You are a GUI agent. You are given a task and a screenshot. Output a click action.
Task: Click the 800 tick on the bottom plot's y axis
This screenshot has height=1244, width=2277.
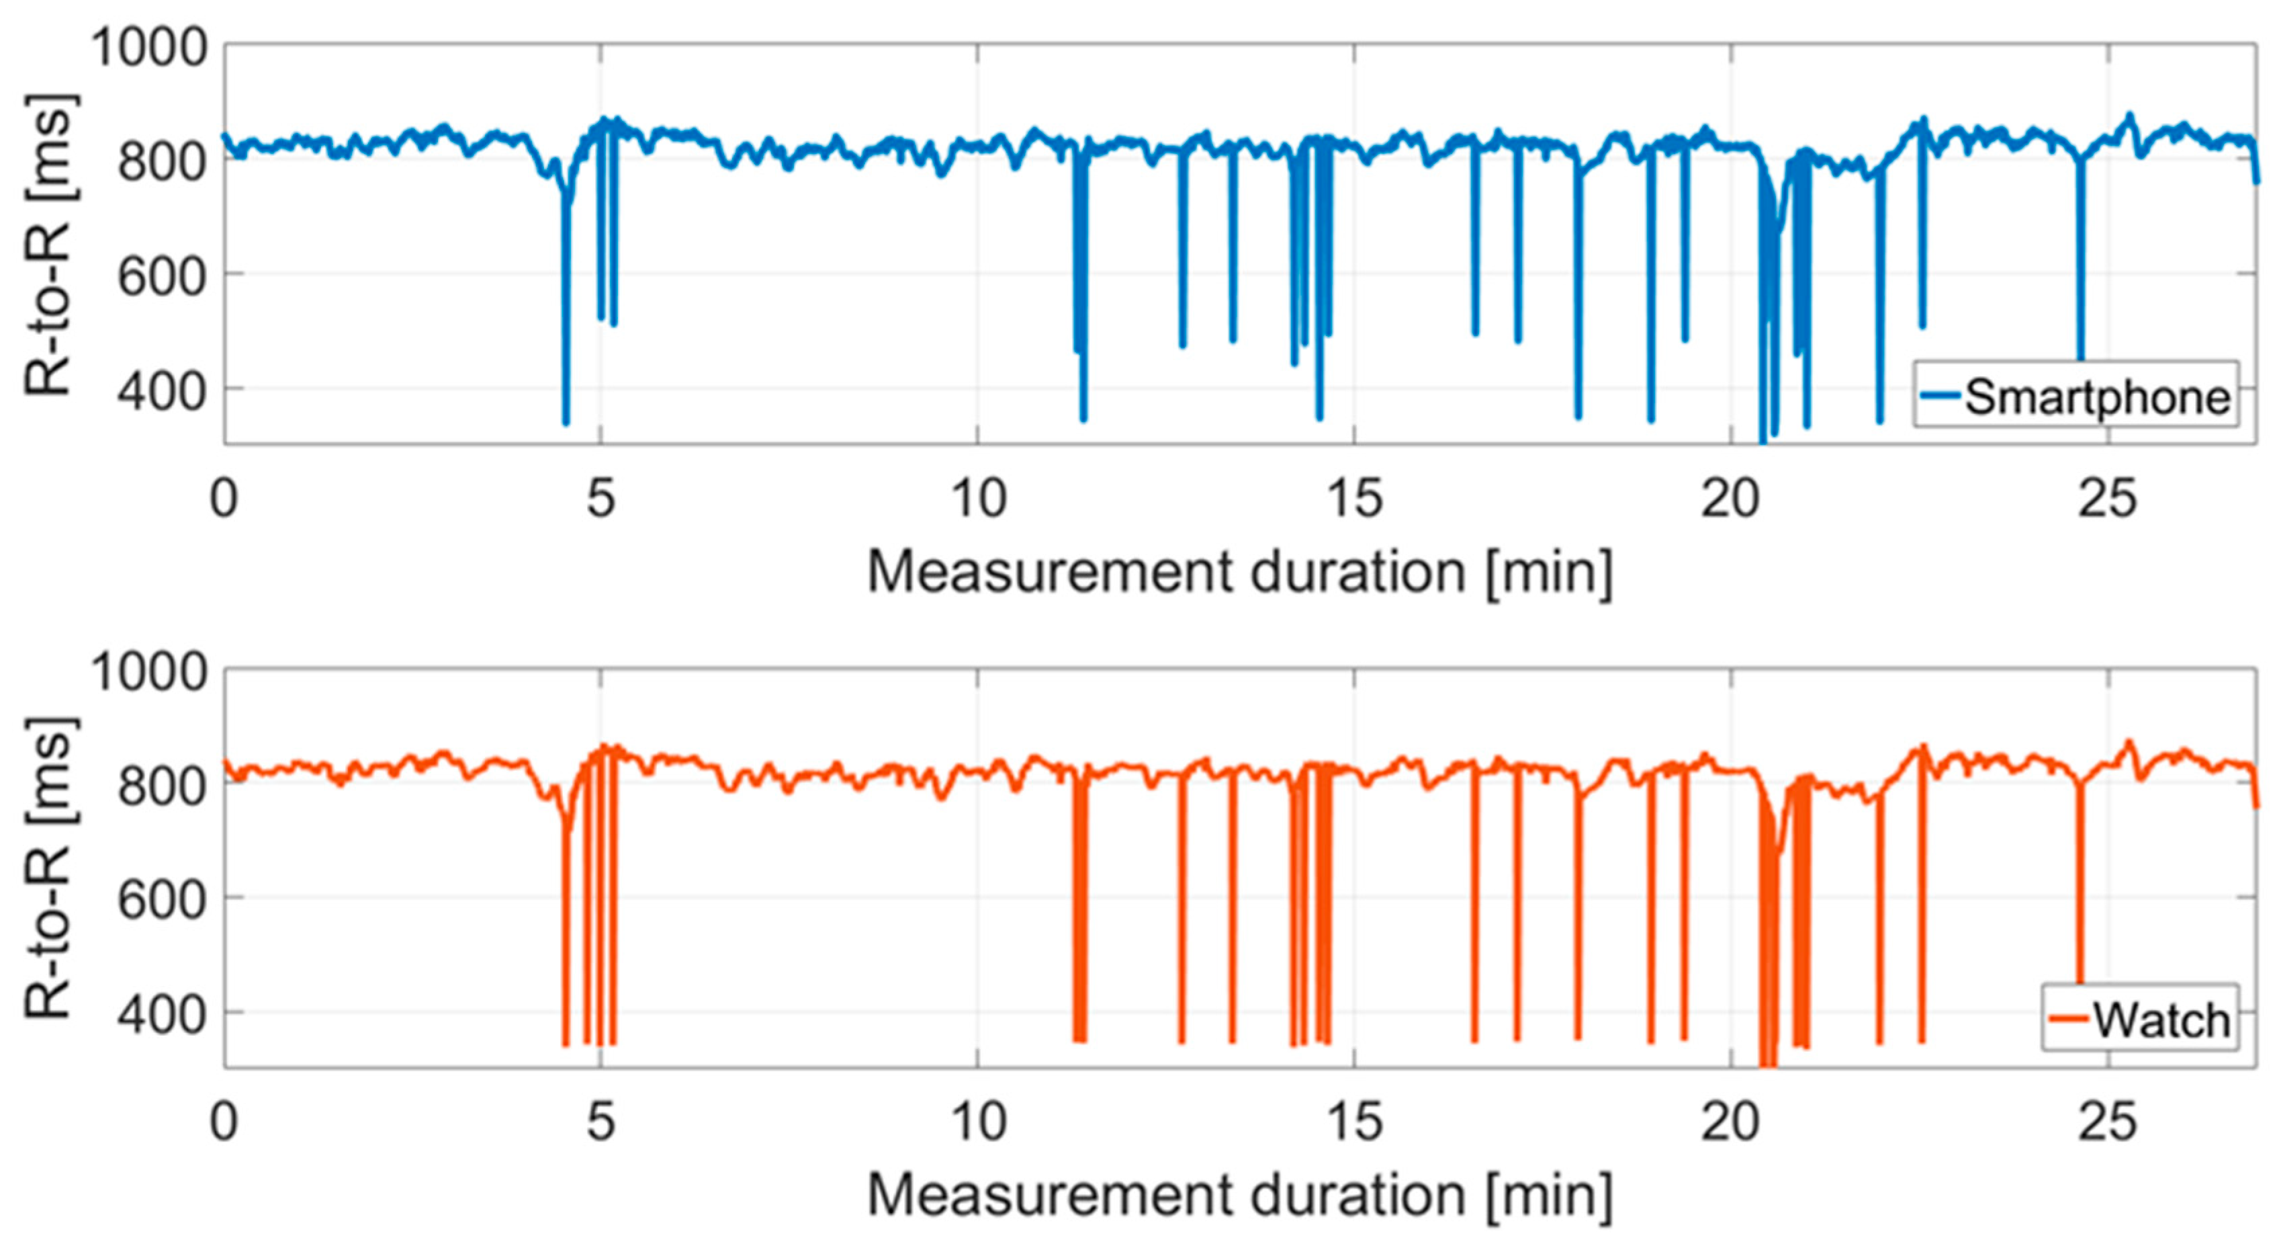coord(163,784)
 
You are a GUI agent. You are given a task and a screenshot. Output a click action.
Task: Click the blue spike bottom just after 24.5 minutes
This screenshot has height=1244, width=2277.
coord(2080,358)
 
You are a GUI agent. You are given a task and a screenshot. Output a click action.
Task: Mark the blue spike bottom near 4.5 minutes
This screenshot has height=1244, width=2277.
coord(566,423)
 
